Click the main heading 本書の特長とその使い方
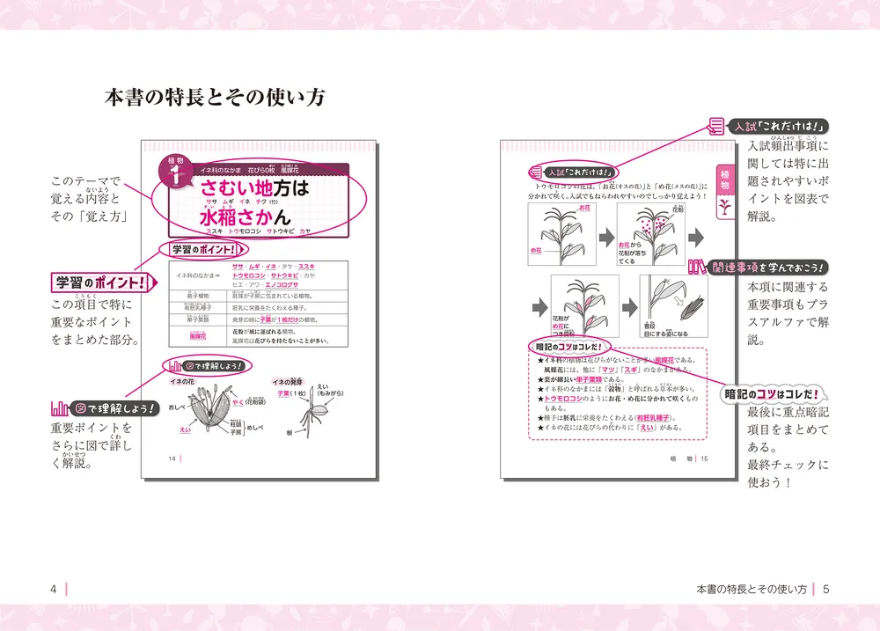tap(215, 97)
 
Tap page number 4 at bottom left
tap(54, 589)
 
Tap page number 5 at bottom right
tap(825, 589)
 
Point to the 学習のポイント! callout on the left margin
tap(98, 282)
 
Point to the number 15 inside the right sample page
tap(704, 459)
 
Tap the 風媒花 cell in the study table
tap(197, 334)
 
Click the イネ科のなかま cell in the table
tap(197, 275)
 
